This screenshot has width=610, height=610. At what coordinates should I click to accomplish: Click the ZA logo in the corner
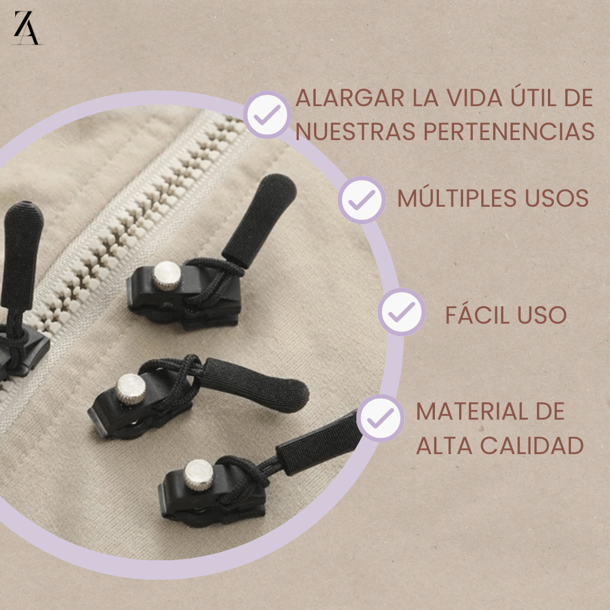click(27, 27)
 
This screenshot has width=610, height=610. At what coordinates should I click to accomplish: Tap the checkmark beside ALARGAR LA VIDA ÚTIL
click(267, 115)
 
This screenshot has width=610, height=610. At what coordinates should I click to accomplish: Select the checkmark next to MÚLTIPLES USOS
click(362, 199)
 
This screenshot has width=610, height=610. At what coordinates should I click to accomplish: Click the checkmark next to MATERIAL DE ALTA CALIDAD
click(380, 418)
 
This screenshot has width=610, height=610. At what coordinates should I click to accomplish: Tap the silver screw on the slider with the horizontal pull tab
click(131, 389)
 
